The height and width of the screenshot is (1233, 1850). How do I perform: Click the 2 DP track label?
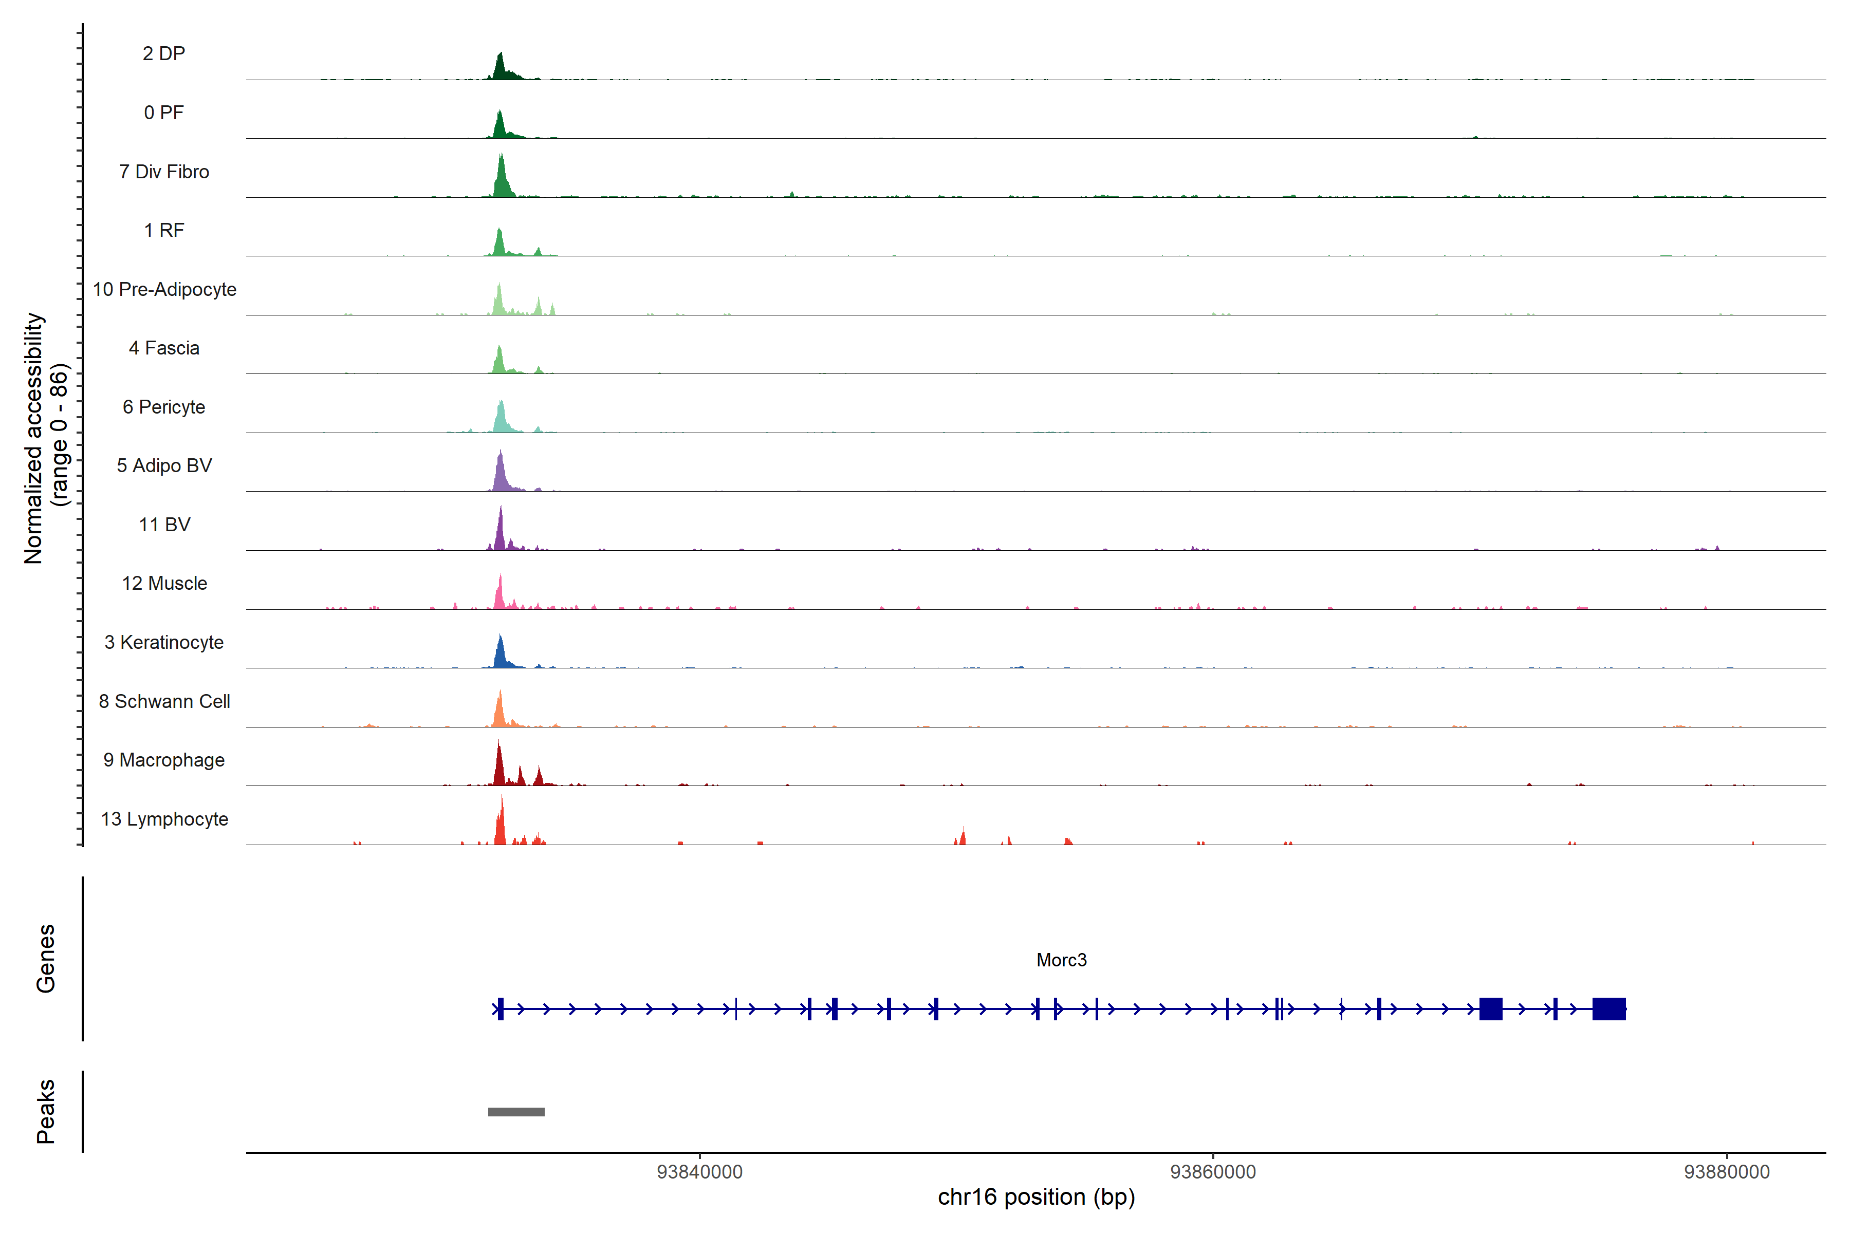click(163, 53)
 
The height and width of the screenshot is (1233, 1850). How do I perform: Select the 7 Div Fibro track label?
click(163, 172)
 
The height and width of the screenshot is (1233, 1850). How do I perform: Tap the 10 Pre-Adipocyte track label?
click(163, 289)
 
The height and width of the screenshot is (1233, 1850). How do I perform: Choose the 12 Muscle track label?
click(163, 584)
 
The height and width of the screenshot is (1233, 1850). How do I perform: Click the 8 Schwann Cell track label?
click(163, 701)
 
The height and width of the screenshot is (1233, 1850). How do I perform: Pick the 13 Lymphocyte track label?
click(163, 818)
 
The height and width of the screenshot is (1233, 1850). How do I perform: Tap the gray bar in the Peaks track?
click(516, 1111)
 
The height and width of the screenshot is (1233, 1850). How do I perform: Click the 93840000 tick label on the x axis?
click(699, 1172)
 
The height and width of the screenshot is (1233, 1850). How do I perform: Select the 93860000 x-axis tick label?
click(1213, 1172)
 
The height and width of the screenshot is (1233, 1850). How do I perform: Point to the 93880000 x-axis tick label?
click(1727, 1172)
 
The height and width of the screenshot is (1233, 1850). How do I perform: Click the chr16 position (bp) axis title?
click(1036, 1197)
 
